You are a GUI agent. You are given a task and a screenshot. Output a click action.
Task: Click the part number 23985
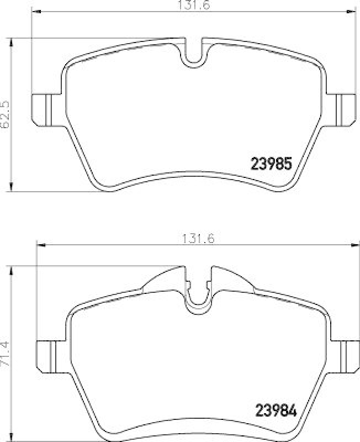[271, 164]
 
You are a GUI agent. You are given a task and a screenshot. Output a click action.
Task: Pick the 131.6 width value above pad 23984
[198, 239]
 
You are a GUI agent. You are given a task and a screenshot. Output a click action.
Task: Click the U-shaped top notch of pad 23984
[198, 298]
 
